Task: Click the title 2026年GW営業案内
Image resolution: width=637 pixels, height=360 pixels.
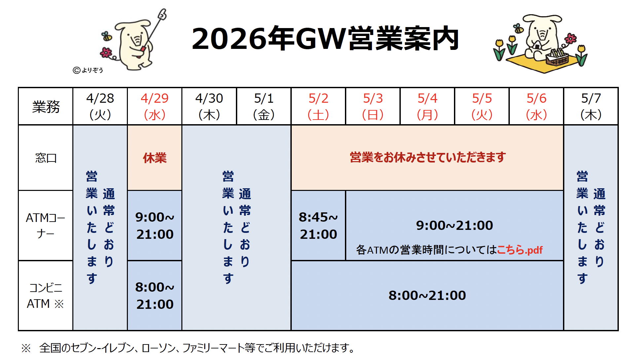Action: coord(325,39)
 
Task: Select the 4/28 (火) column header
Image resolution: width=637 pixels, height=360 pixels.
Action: coord(100,106)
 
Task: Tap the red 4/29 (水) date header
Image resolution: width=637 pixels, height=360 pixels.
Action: coord(155,106)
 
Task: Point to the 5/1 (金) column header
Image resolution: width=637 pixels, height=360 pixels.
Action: coord(264,106)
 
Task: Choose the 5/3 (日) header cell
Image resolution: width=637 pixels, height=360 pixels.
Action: coord(373,106)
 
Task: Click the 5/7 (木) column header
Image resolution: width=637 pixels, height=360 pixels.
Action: coord(591,106)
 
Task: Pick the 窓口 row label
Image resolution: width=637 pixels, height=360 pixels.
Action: coord(46,158)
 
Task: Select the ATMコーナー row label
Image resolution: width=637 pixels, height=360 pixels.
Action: coord(46,226)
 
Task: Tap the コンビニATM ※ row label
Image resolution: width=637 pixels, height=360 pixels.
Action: coord(46,296)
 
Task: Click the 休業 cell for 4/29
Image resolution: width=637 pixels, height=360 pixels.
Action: coord(155,158)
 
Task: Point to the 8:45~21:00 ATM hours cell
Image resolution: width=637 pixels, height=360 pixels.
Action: coord(318,226)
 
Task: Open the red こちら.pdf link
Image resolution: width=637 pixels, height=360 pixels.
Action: coord(519,250)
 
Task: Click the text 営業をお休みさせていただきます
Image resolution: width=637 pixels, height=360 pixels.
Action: coord(428,157)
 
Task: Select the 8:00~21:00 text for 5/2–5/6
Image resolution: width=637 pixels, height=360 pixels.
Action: coord(427,295)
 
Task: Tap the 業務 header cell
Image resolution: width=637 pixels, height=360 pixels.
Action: coord(46,106)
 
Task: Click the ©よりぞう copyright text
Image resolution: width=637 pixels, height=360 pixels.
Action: coord(88,70)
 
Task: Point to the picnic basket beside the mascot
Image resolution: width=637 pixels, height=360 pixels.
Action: coord(557,57)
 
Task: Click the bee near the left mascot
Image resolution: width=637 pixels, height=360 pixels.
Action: coord(107,36)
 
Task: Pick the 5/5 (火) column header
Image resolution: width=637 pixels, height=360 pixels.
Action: coord(482,106)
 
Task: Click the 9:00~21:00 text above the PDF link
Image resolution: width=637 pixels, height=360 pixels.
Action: coord(454,225)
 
